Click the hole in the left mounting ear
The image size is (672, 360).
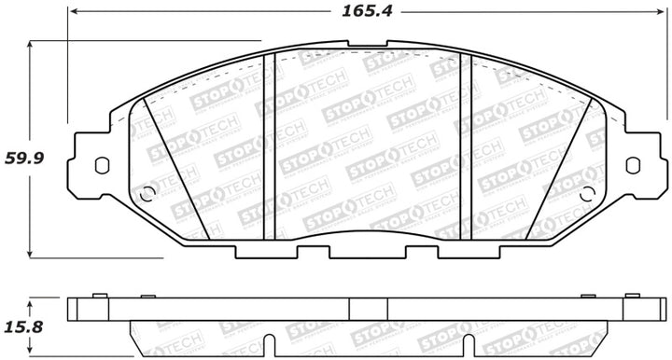102,165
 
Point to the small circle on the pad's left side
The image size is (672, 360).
147,194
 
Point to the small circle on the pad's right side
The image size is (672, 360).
587,194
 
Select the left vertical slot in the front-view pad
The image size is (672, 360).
269,145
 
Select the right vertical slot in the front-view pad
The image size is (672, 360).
468,145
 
